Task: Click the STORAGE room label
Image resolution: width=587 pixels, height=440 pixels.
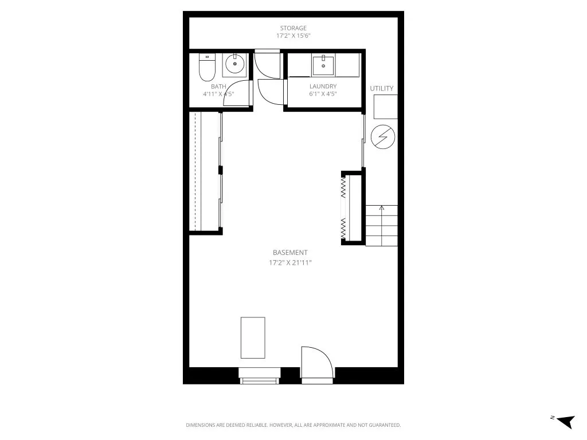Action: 293,28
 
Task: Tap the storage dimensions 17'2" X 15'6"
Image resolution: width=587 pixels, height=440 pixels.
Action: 293,36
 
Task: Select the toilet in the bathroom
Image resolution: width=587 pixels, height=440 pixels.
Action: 206,68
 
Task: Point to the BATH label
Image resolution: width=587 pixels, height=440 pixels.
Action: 218,87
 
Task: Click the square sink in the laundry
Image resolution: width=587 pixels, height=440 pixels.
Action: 324,65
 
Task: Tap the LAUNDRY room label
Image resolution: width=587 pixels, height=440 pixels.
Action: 323,87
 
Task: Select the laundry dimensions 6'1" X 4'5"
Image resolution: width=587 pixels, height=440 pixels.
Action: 323,94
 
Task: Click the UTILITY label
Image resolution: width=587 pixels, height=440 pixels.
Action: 382,88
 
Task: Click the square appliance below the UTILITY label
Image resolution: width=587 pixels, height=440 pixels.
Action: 385,107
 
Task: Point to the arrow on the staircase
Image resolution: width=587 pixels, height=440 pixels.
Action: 382,209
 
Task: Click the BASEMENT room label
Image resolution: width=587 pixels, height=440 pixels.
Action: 290,253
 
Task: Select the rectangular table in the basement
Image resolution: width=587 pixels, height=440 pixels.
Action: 253,337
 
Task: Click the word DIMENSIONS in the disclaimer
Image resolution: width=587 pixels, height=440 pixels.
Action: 201,425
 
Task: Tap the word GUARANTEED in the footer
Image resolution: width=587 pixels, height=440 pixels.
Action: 385,425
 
